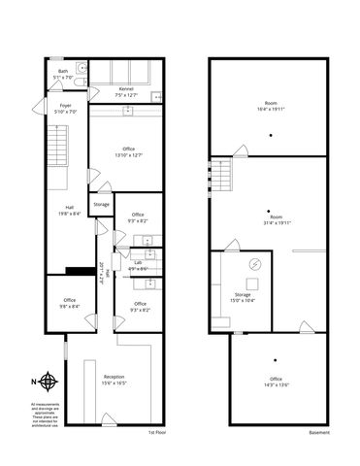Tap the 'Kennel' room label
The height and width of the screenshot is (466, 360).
pyautogui.click(x=125, y=89)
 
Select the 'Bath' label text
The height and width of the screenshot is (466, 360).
pyautogui.click(x=63, y=70)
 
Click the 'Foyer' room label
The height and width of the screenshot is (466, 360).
pyautogui.click(x=65, y=105)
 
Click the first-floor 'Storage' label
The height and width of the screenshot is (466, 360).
pyautogui.click(x=102, y=205)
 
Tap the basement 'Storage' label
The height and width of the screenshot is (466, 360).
pyautogui.click(x=243, y=294)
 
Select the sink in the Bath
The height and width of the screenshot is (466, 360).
pyautogui.click(x=82, y=68)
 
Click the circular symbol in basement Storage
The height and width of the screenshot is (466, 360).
pyautogui.click(x=255, y=263)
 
